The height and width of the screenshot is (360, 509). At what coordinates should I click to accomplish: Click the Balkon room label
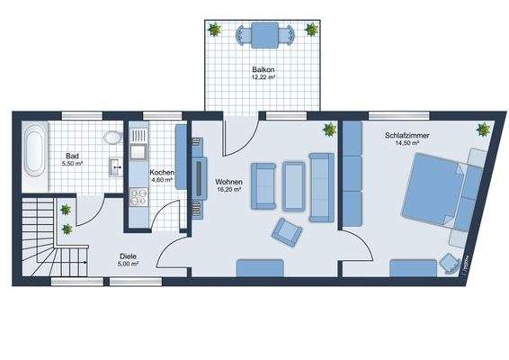[x=263, y=68]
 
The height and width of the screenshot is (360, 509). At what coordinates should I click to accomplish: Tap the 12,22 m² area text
[x=263, y=77]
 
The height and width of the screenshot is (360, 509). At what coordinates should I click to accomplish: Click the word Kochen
[x=162, y=172]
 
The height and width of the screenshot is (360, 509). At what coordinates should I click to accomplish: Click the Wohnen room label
[x=228, y=182]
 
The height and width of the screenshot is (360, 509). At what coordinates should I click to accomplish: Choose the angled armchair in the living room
[x=287, y=232]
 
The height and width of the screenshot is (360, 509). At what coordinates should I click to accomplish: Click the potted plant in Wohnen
[x=329, y=129]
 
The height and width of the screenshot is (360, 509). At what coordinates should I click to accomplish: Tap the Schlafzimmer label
[x=406, y=135]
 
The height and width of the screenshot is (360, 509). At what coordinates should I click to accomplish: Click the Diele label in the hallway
[x=128, y=256]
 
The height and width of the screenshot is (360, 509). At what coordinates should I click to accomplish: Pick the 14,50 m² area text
[x=406, y=144]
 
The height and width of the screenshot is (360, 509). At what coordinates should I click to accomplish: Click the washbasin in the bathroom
[x=116, y=166]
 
